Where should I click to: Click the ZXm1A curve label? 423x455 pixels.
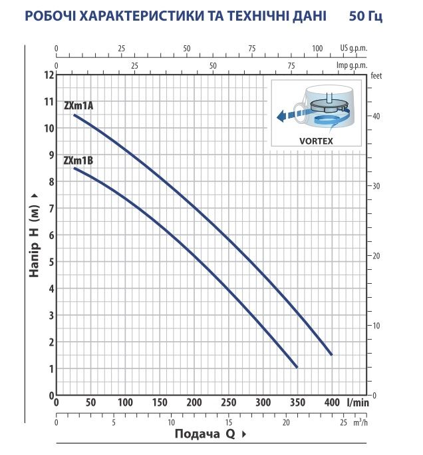click(78, 106)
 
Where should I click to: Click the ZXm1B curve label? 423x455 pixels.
click(78, 161)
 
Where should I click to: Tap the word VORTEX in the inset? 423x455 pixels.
click(316, 141)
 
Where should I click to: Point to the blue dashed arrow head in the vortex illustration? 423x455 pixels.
click(281, 117)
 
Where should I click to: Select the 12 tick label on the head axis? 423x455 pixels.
click(49, 75)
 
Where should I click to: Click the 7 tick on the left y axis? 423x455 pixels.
click(52, 209)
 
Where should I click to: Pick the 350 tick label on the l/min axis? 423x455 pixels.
click(297, 402)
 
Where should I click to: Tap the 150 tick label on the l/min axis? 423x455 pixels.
click(160, 402)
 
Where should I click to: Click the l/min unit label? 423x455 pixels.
click(358, 402)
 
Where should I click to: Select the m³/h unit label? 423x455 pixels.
click(360, 422)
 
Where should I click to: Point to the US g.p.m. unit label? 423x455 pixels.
click(353, 48)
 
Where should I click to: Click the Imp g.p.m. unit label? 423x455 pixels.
click(352, 65)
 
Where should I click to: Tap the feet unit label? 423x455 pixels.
click(376, 76)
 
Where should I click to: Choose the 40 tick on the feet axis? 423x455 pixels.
click(376, 117)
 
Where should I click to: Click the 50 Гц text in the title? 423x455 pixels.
click(366, 16)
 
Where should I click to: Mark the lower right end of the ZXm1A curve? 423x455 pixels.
click(331, 354)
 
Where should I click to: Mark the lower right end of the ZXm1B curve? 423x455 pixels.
click(297, 367)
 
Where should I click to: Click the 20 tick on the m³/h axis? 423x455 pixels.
click(286, 422)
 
